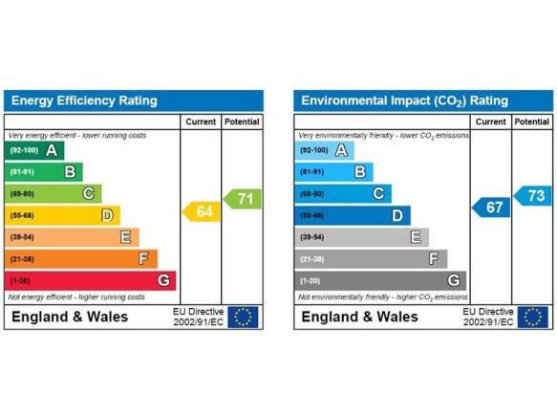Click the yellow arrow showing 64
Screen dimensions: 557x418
click(x=202, y=211)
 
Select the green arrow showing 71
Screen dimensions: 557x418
click(x=243, y=199)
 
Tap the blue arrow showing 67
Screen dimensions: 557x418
click(x=491, y=207)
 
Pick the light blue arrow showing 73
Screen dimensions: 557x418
click(x=532, y=196)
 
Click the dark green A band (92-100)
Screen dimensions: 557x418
click(x=34, y=150)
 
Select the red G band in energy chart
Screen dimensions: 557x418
click(x=90, y=280)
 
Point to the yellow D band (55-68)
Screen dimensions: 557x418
click(x=62, y=215)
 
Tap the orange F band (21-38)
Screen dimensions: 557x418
click(x=81, y=258)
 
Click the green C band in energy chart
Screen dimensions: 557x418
click(x=54, y=194)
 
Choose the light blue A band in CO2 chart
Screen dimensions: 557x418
click(x=324, y=150)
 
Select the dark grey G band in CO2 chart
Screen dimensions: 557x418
click(x=380, y=280)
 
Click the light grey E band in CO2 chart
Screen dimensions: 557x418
click(x=362, y=237)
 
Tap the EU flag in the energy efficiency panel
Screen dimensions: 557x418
click(x=243, y=317)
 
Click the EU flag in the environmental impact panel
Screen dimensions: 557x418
click(x=533, y=317)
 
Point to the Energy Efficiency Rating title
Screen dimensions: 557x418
click(x=84, y=100)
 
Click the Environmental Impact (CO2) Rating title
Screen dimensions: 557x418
click(x=404, y=101)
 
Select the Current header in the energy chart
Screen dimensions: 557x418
click(x=201, y=121)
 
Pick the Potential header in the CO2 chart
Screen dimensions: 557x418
click(x=532, y=121)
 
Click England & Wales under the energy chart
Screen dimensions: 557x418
click(x=70, y=317)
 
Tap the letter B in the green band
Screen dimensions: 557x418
click(x=70, y=172)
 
